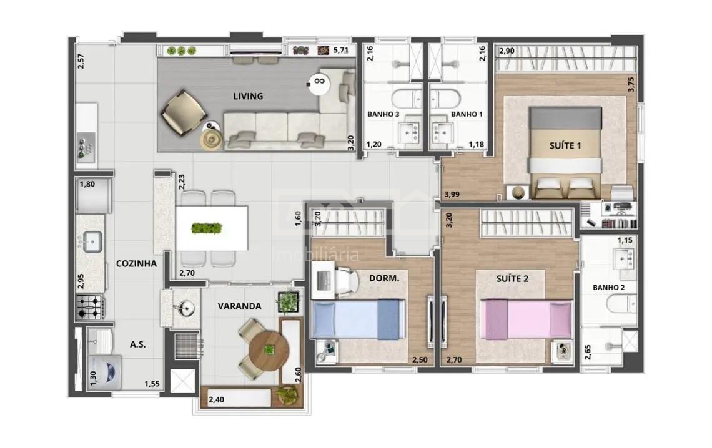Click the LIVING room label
pyautogui.click(x=248, y=96)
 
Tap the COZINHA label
pyautogui.click(x=136, y=263)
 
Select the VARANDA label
pyautogui.click(x=239, y=306)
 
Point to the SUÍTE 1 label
pyautogui.click(x=565, y=145)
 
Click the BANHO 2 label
pyautogui.click(x=608, y=288)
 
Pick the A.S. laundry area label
pyautogui.click(x=137, y=344)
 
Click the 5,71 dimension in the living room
pyautogui.click(x=341, y=51)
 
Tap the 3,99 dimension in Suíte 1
pyautogui.click(x=452, y=194)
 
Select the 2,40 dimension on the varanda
pyautogui.click(x=217, y=400)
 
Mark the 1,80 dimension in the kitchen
pyautogui.click(x=87, y=185)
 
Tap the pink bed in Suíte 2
pyautogui.click(x=526, y=319)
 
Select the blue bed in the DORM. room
pyautogui.click(x=358, y=319)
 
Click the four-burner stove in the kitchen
pyautogui.click(x=89, y=307)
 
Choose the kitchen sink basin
pyautogui.click(x=92, y=241)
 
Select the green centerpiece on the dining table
pyautogui.click(x=207, y=228)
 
